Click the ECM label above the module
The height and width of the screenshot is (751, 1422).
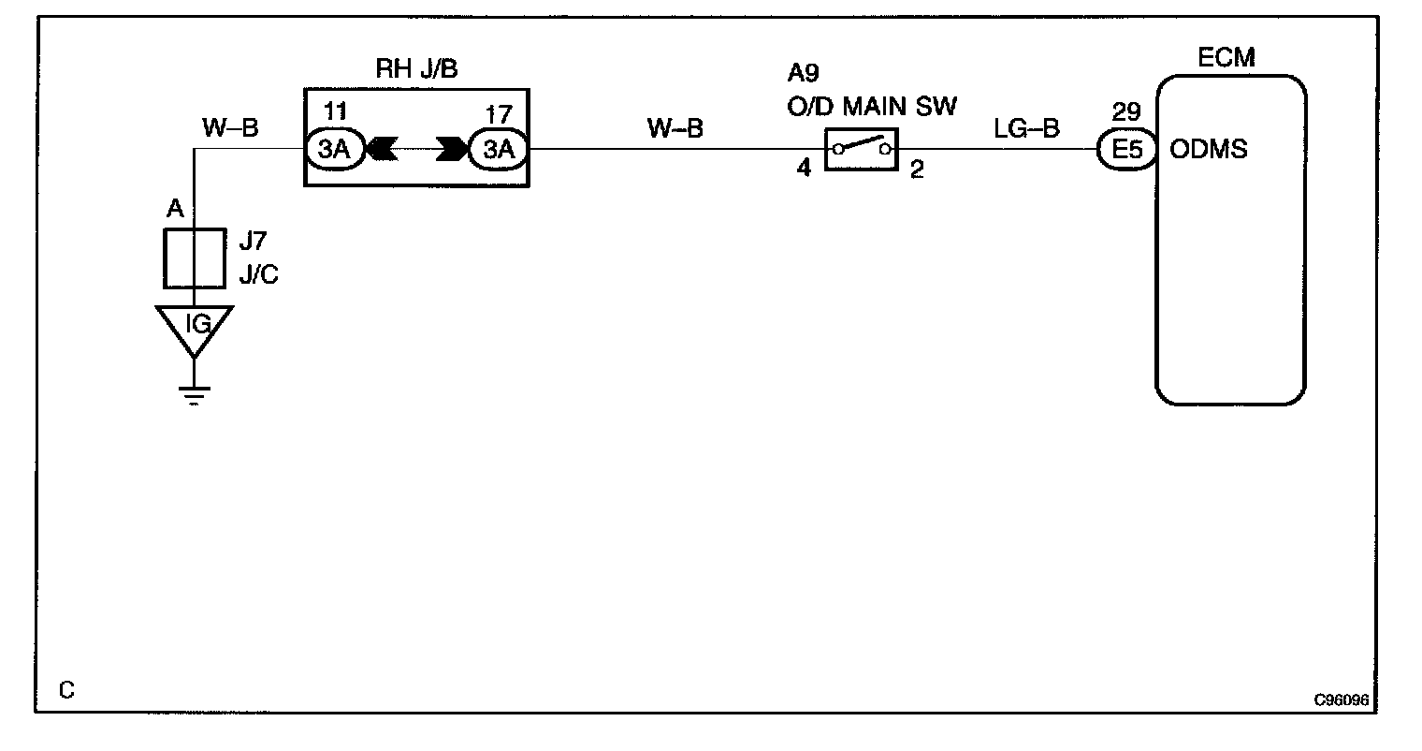(x=1226, y=59)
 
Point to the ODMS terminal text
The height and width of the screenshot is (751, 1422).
(x=1209, y=150)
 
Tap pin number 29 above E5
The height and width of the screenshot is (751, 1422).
(x=1126, y=113)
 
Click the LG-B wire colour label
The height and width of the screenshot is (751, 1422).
(x=1026, y=128)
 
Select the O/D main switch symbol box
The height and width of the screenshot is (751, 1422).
(x=861, y=148)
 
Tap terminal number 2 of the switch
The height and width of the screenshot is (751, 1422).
(x=917, y=171)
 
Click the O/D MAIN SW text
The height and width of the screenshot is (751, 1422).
(x=871, y=106)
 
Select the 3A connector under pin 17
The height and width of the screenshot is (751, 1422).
(x=497, y=149)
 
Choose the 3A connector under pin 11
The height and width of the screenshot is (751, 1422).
(x=335, y=149)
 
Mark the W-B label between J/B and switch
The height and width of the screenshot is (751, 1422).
(x=675, y=128)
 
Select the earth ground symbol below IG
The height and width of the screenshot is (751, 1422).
(x=194, y=394)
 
